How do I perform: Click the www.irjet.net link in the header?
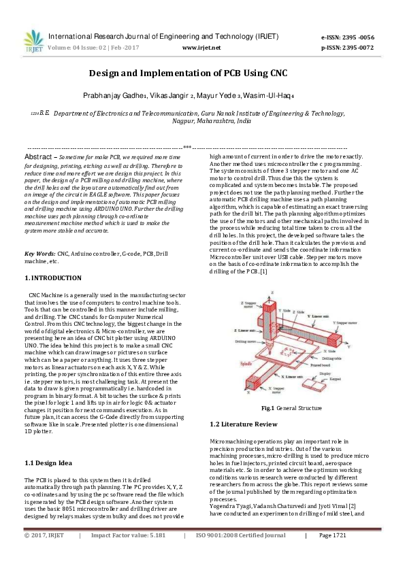pyautogui.click(x=202, y=48)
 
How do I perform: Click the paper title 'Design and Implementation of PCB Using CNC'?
pyautogui.click(x=202, y=72)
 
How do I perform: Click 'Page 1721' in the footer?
pyautogui.click(x=333, y=555)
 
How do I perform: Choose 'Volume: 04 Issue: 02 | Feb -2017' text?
pyautogui.click(x=95, y=48)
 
